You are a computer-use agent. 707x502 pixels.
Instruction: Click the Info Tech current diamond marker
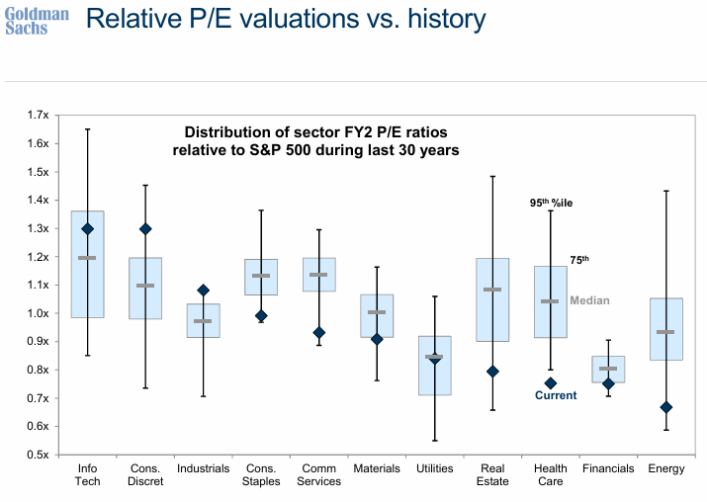pyautogui.click(x=87, y=228)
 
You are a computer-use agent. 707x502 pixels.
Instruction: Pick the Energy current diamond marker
pyautogui.click(x=666, y=407)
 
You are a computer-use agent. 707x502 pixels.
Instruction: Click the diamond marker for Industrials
pyautogui.click(x=203, y=291)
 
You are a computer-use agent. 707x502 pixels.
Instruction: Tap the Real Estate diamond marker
pyautogui.click(x=492, y=372)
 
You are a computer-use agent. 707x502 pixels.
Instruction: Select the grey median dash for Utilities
pyautogui.click(x=434, y=356)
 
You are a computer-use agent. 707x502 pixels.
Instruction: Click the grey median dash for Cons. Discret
pyautogui.click(x=145, y=286)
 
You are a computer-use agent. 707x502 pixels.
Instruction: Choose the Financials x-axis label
pyautogui.click(x=608, y=468)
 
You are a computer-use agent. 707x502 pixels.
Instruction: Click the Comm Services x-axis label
pyautogui.click(x=318, y=474)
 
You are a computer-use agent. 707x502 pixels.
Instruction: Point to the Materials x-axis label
pyautogui.click(x=377, y=468)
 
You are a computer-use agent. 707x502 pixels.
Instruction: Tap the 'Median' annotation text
pyautogui.click(x=589, y=300)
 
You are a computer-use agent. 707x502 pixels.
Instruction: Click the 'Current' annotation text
pyautogui.click(x=556, y=395)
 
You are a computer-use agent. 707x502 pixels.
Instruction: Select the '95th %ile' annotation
pyautogui.click(x=551, y=203)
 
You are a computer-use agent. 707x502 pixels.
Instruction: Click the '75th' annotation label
pyautogui.click(x=579, y=260)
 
